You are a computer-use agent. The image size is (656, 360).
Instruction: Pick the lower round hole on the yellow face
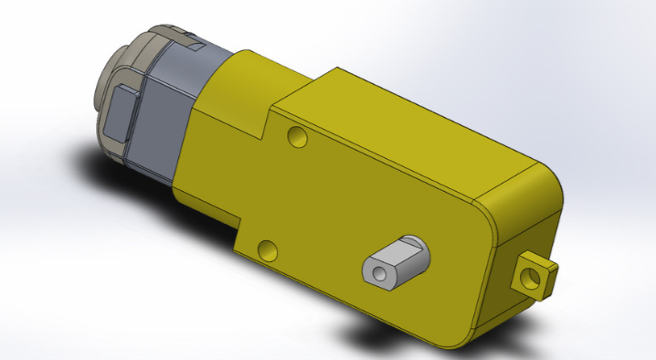pyautogui.click(x=267, y=249)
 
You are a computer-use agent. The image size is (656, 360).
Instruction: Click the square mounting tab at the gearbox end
pyautogui.click(x=534, y=273)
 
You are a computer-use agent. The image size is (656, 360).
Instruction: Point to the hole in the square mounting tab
pyautogui.click(x=532, y=276)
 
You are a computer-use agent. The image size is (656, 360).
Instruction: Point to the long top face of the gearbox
pyautogui.click(x=411, y=119)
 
